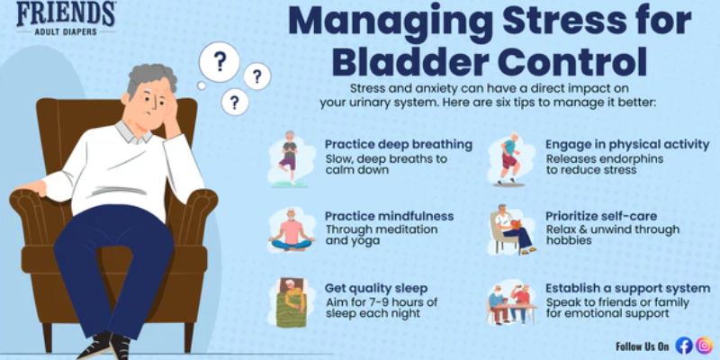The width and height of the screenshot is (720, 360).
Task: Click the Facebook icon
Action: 684,346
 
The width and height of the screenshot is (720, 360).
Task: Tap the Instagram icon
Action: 704,346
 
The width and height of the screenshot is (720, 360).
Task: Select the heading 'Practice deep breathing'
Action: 399,144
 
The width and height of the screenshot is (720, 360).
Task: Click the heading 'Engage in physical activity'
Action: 627,144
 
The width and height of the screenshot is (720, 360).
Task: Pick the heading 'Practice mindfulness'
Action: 389,216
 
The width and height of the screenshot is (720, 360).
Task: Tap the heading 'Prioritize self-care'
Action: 601,216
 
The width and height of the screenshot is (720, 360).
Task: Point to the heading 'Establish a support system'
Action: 627,288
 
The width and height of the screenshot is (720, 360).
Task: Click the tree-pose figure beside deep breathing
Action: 289,158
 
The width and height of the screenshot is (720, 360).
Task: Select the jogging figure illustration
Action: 509,159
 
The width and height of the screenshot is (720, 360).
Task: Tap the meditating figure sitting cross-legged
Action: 290,231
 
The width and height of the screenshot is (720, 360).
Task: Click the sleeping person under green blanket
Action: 290,301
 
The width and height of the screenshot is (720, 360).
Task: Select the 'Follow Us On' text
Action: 643,346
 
